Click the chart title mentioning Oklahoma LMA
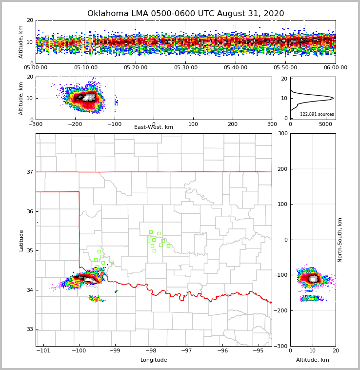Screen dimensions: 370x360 [185, 14]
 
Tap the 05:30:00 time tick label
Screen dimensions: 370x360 [186, 68]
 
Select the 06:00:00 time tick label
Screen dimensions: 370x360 [336, 68]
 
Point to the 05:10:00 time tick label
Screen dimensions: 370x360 [86, 68]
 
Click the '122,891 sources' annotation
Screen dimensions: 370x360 [317, 114]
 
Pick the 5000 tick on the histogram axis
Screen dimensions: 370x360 [325, 124]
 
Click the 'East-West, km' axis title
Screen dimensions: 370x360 [154, 127]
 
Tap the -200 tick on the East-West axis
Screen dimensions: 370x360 [75, 124]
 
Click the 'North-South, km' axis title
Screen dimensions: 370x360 [340, 240]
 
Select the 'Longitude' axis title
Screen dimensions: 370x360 [154, 360]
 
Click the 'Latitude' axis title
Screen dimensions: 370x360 [21, 240]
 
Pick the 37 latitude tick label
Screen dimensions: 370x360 [30, 172]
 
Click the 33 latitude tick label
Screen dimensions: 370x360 [30, 329]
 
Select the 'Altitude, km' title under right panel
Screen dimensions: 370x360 [313, 360]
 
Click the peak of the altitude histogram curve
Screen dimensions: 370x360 [333, 98]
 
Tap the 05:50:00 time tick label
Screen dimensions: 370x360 [285, 68]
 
